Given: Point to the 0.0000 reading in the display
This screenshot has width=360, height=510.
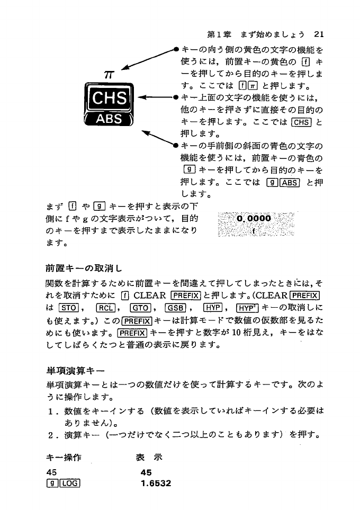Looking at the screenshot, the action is coord(254,218).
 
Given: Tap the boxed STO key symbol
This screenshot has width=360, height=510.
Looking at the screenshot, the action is coord(70,308).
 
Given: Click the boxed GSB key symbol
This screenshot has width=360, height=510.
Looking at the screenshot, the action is coord(174,308).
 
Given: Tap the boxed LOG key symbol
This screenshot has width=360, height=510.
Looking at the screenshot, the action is coord(69,483).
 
